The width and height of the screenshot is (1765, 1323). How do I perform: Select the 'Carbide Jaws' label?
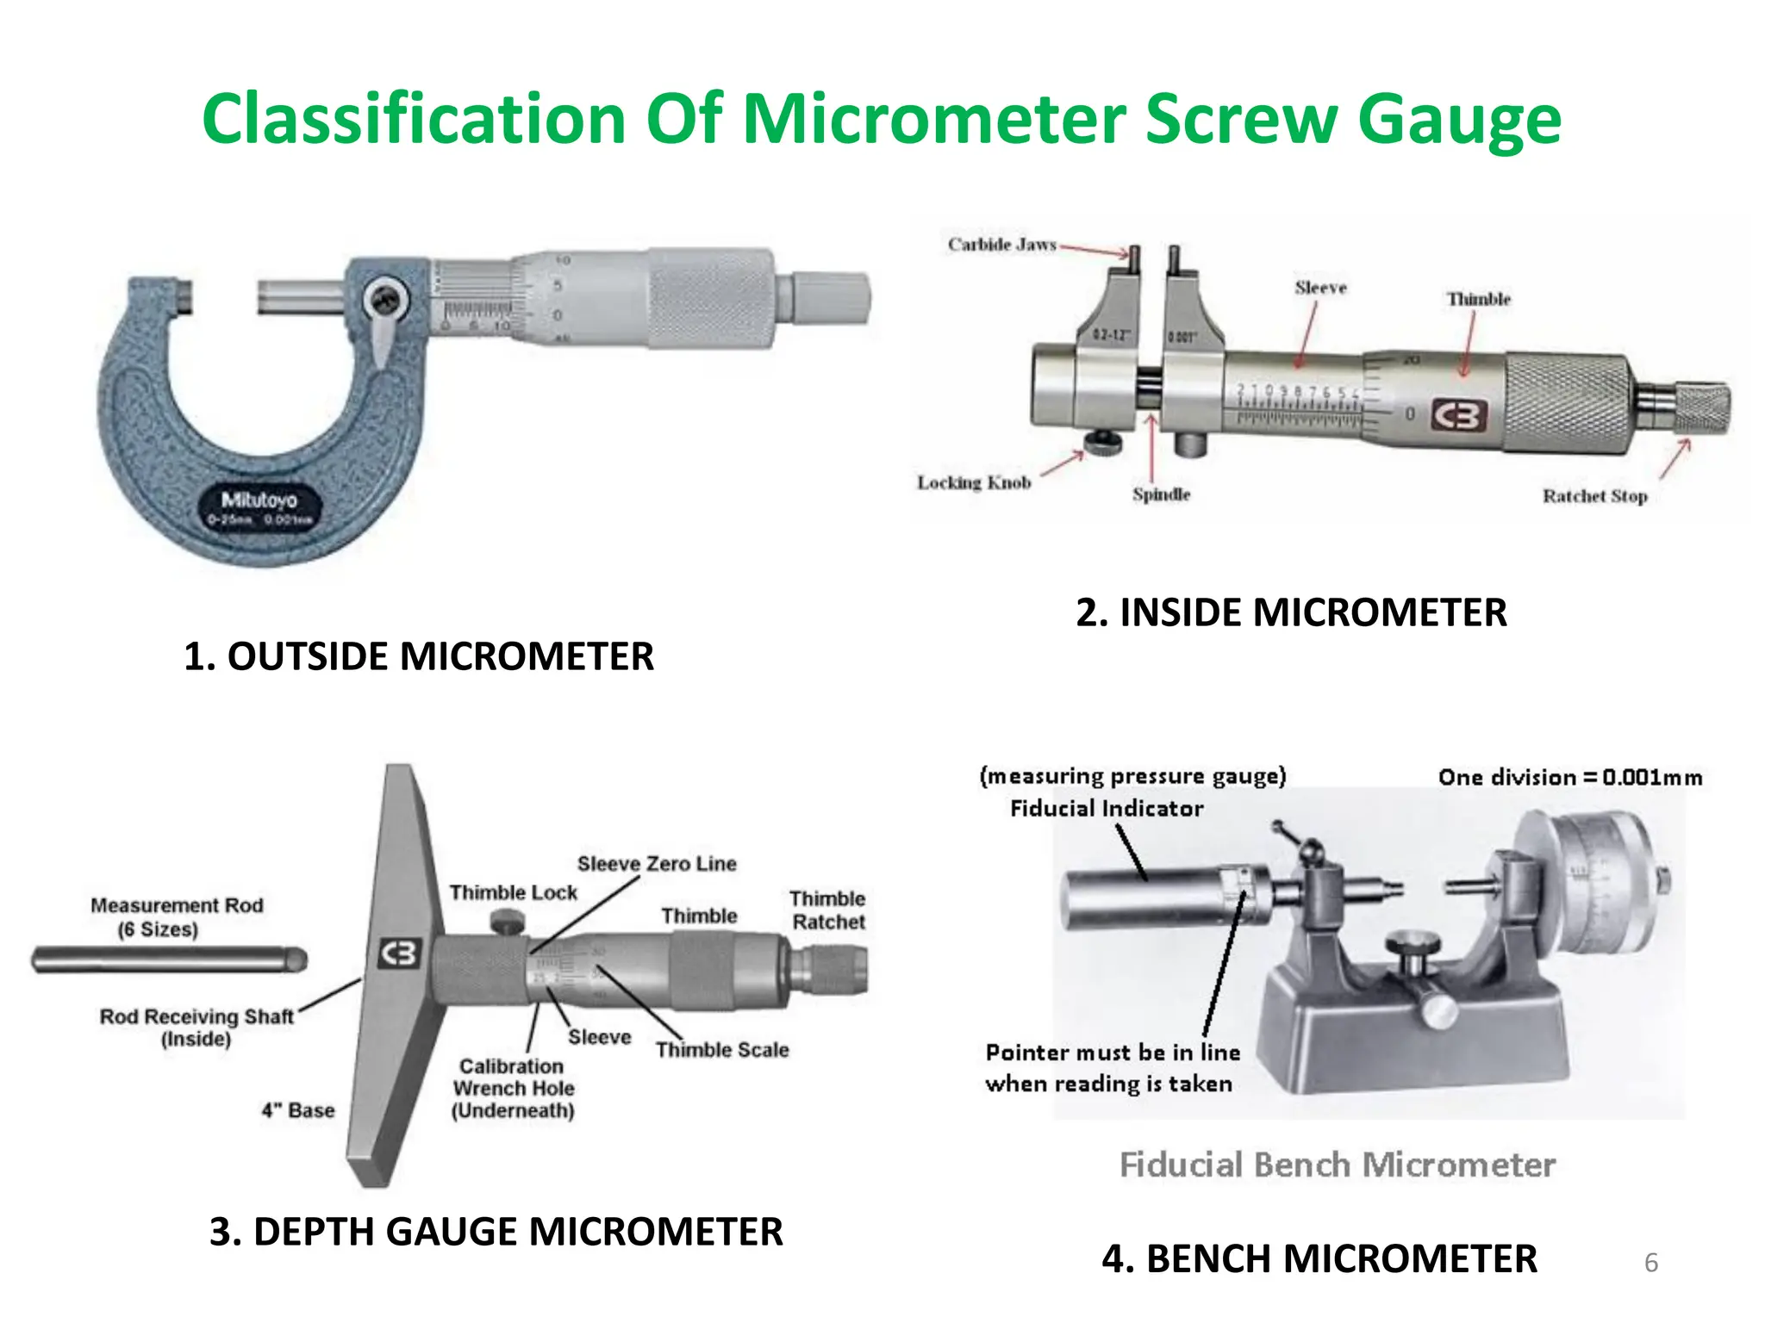1001,245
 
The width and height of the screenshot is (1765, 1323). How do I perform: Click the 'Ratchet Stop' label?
1594,496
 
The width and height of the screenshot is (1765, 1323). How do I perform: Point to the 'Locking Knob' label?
974,482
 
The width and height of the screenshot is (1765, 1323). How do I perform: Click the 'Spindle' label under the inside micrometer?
1161,494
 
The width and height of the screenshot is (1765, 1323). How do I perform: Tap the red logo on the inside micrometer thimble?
1460,416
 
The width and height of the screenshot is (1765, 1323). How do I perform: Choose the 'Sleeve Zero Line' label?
657,863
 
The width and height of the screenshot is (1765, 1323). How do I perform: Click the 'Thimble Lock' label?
513,892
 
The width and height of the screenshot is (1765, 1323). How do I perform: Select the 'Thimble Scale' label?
722,1049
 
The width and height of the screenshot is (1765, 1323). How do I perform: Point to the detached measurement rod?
169,960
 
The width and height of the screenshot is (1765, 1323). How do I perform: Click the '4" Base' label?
297,1110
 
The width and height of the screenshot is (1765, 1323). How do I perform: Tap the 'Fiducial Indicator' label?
1107,808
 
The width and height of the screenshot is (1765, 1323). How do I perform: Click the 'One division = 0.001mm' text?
1570,777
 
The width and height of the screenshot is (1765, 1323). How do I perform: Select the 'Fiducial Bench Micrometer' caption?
1338,1165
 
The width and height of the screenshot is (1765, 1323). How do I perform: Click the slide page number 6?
1651,1263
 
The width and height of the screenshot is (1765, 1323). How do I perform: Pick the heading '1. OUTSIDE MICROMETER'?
419,656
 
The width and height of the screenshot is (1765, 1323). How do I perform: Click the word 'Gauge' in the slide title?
1459,119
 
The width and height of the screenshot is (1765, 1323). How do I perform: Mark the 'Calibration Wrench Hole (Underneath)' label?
514,1089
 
